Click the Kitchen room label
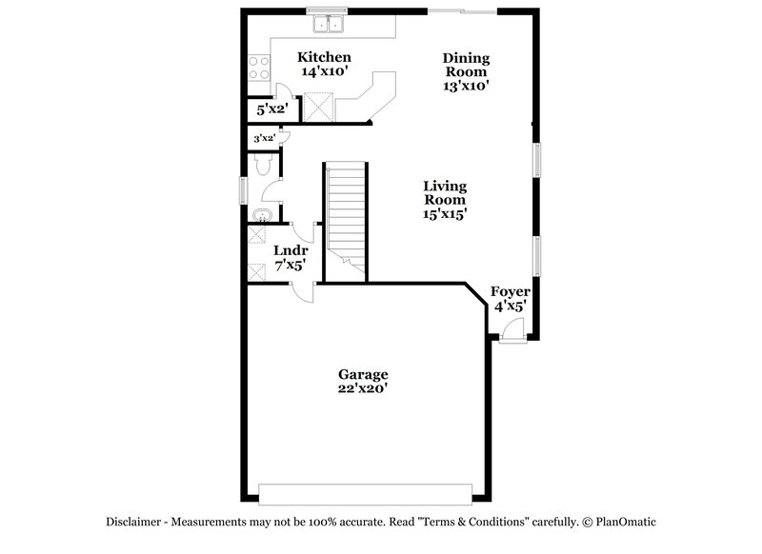tap(325, 57)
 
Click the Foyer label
tap(511, 291)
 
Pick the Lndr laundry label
tap(290, 251)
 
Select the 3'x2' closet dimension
tap(264, 139)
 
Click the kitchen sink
tap(330, 23)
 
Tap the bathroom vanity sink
tap(262, 213)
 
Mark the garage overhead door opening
tap(366, 494)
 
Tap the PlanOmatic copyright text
tap(619, 522)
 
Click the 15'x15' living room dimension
tap(445, 214)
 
